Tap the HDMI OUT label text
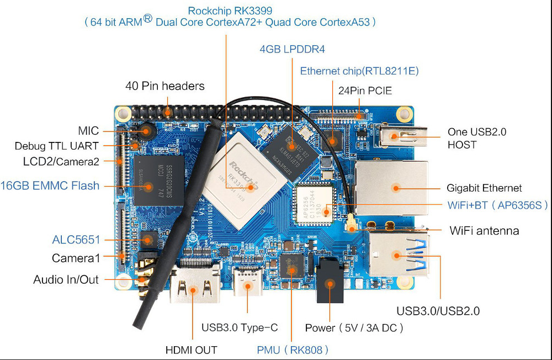(192, 350)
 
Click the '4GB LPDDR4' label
(292, 49)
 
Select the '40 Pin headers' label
(165, 86)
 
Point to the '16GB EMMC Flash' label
(50, 186)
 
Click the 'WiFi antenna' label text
(484, 230)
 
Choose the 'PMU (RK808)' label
(293, 350)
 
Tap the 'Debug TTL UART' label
(57, 146)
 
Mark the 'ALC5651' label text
(76, 240)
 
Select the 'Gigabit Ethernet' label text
(484, 188)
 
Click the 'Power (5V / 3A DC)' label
(354, 327)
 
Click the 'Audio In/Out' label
(66, 279)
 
